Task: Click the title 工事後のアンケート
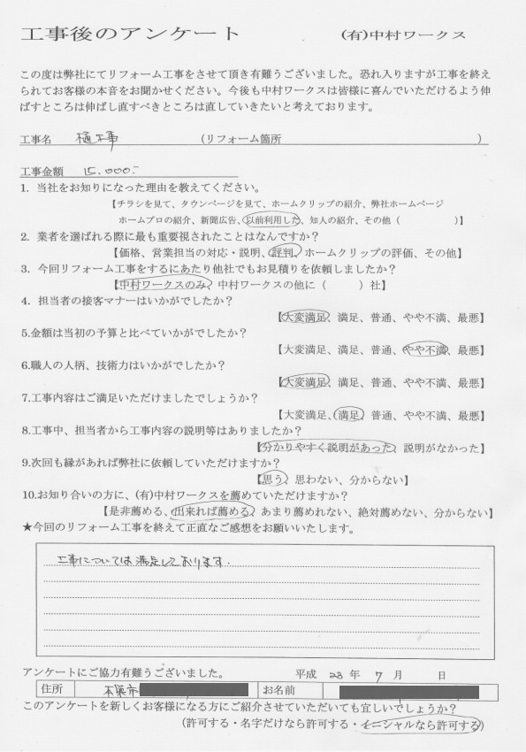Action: [129, 35]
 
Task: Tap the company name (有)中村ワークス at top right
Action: [402, 36]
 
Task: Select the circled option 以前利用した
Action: [272, 219]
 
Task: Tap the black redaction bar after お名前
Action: [408, 689]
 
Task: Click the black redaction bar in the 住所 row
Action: [194, 688]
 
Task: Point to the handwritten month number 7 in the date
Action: [378, 672]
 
